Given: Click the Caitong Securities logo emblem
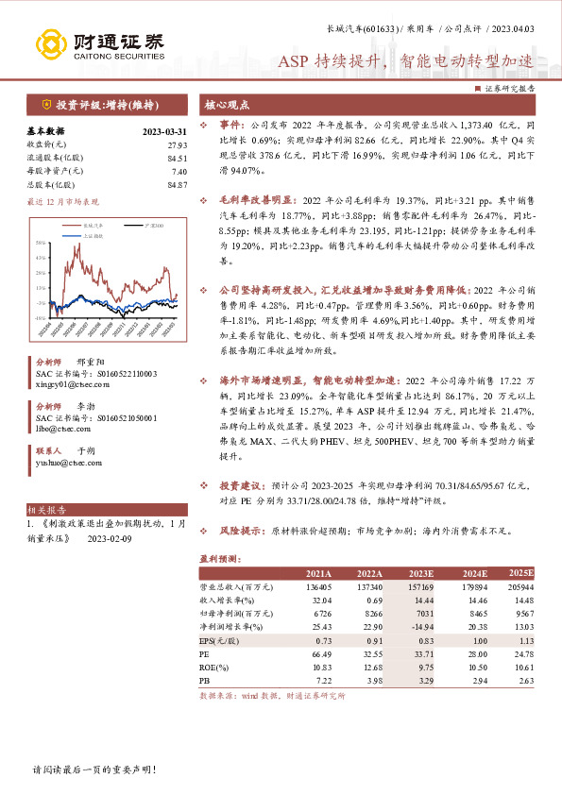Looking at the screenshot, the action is coord(48,43).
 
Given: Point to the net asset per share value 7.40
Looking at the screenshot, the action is coord(179,171).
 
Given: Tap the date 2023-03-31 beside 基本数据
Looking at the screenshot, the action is coord(164,132).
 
